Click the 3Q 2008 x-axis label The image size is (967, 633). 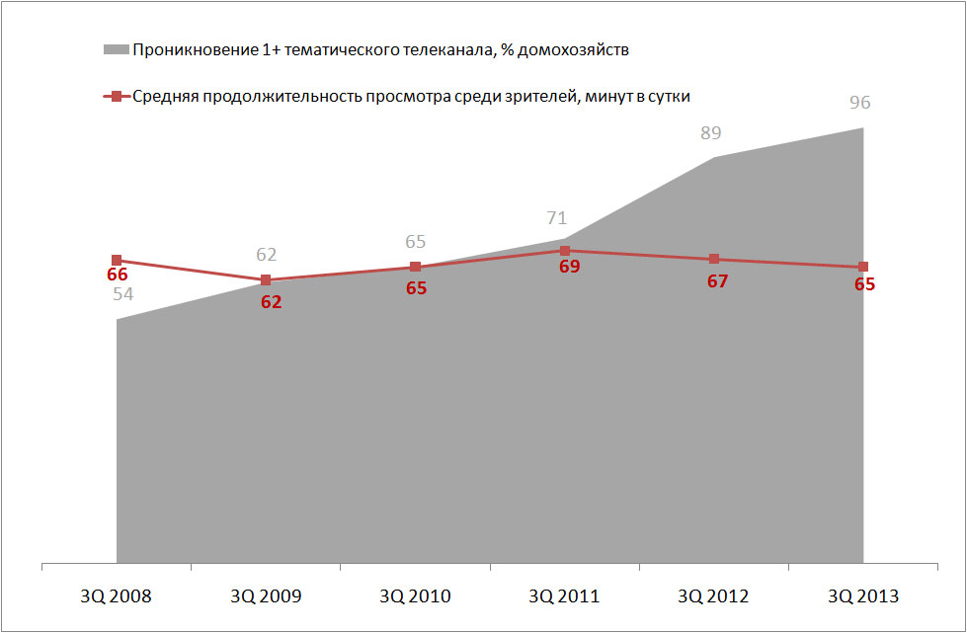pos(117,596)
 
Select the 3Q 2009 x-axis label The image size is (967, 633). pos(266,596)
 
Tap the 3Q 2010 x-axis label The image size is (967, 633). pos(415,596)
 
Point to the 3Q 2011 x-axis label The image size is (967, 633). pos(564,596)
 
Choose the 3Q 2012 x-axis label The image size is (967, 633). pos(713,596)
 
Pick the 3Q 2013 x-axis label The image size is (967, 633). pos(862,596)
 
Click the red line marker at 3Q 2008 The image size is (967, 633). pos(117,261)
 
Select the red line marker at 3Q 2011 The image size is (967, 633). pos(564,251)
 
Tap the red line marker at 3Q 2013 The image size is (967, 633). pos(863,267)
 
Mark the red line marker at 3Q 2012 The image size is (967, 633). pos(713,260)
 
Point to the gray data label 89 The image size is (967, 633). pos(711,133)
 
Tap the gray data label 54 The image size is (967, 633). pos(123,294)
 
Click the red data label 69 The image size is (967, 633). pos(569,267)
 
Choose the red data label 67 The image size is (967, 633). pos(718,281)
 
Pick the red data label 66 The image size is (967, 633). pos(118,276)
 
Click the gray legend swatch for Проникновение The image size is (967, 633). pos(116,48)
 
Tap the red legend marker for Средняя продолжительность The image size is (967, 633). pos(116,97)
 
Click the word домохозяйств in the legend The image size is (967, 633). pos(573,48)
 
